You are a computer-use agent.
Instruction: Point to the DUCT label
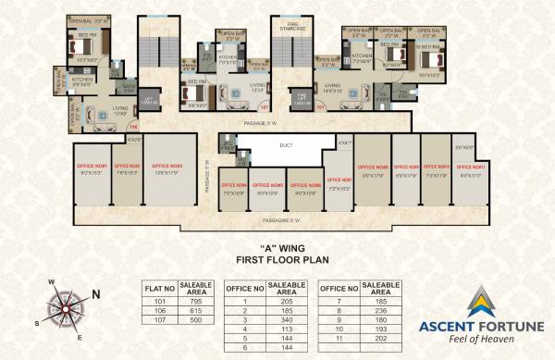[x=285, y=144]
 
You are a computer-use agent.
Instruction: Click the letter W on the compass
[x=52, y=281]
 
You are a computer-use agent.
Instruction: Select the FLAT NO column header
[x=161, y=289]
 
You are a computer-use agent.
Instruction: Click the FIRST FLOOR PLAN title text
[x=277, y=262]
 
